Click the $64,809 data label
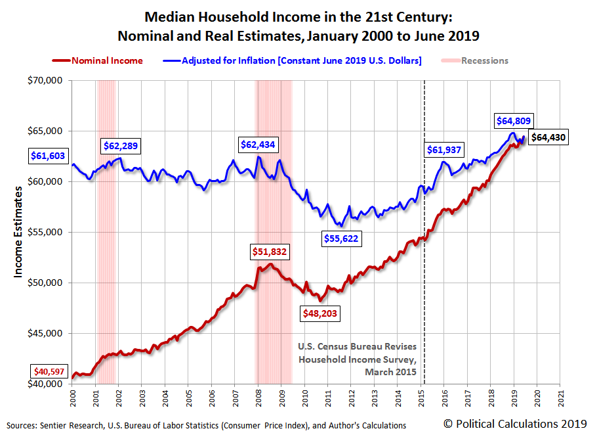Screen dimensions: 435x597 (x=514, y=121)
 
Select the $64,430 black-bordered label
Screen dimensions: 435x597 (x=548, y=137)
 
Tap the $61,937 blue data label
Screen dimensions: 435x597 (x=445, y=150)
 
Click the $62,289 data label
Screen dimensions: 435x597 (x=121, y=145)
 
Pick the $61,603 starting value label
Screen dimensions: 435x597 (x=49, y=156)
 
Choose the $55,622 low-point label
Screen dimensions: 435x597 (x=341, y=239)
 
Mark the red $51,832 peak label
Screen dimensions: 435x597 (x=270, y=251)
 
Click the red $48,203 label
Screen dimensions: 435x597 (x=319, y=313)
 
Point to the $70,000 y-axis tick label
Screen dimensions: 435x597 (x=46, y=81)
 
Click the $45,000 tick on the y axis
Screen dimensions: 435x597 (x=46, y=333)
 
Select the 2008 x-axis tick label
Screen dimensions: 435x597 (x=258, y=398)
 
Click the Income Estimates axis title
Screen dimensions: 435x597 (x=20, y=232)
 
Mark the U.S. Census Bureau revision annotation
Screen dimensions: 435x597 (x=358, y=359)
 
